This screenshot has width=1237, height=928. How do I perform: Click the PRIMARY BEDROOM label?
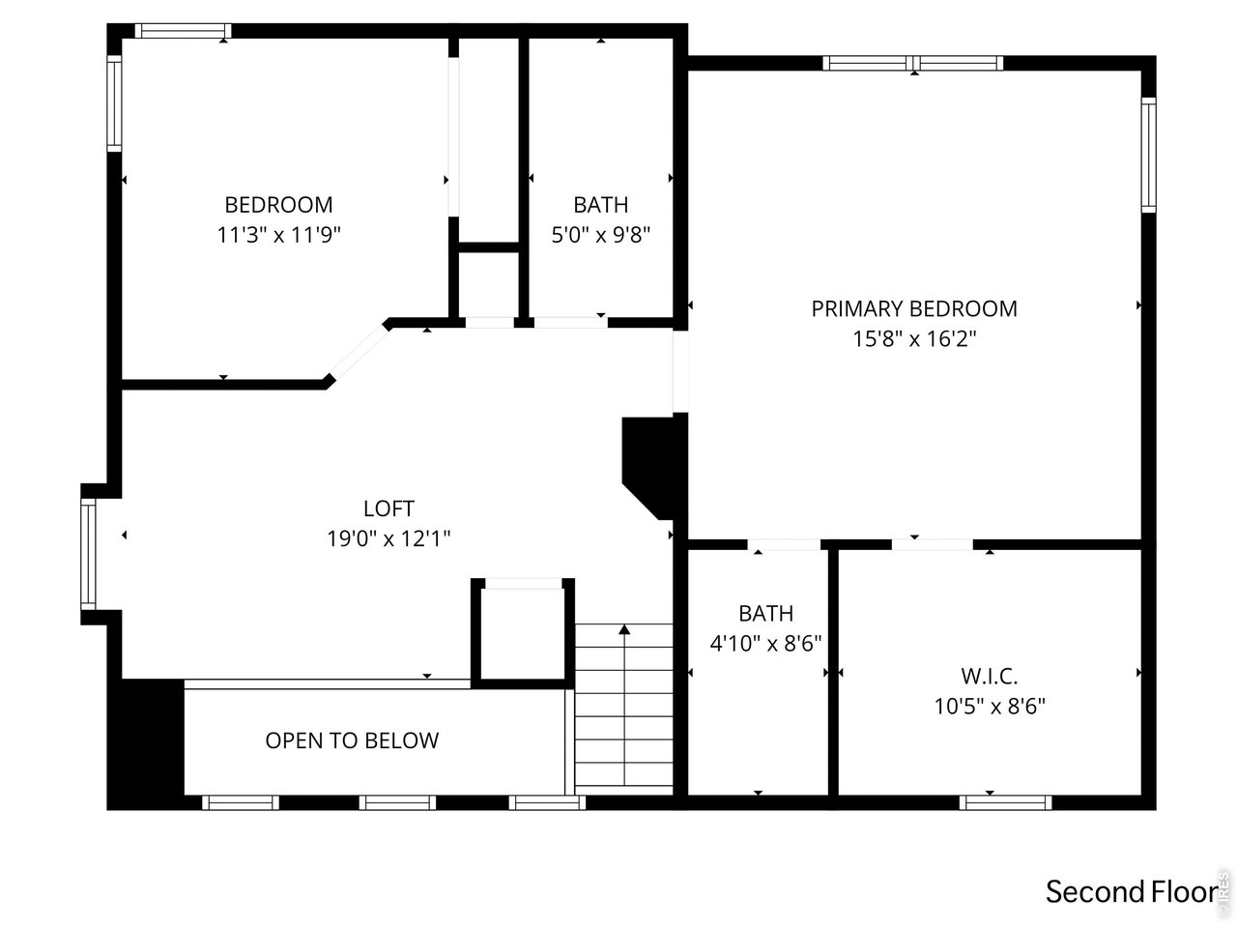coord(913,309)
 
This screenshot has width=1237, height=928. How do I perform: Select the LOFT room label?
coord(388,508)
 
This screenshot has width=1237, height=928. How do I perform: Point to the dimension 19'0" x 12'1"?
coord(388,538)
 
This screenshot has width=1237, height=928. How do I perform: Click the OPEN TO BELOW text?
coord(352,740)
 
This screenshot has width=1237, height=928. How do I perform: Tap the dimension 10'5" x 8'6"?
coord(989,707)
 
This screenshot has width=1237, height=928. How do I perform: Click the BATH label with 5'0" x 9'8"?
coord(600,205)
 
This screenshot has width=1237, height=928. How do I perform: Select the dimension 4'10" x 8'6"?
coord(765,643)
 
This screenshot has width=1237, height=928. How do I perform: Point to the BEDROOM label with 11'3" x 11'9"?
coord(278,205)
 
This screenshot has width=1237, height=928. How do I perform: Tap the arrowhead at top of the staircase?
coord(624,630)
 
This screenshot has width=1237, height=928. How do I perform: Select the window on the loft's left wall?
coord(88,554)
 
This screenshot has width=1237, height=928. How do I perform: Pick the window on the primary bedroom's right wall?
coord(1148,156)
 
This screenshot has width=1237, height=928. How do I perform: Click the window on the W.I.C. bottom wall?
coord(1005,801)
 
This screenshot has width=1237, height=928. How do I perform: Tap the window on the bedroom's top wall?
coord(182,31)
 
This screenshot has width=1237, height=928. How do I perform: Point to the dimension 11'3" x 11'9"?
coord(278,235)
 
